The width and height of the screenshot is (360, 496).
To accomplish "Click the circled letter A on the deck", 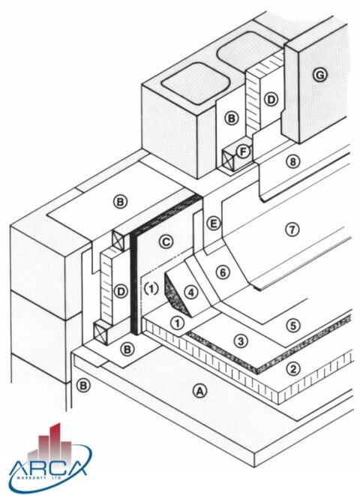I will pos(199,390).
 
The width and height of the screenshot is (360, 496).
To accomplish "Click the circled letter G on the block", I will pos(321,74).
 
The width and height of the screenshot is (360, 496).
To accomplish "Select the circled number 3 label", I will pos(240,341).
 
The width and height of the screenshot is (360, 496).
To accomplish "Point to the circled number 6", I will pos(223,272).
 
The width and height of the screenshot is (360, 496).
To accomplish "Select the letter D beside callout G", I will pos(271,99).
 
